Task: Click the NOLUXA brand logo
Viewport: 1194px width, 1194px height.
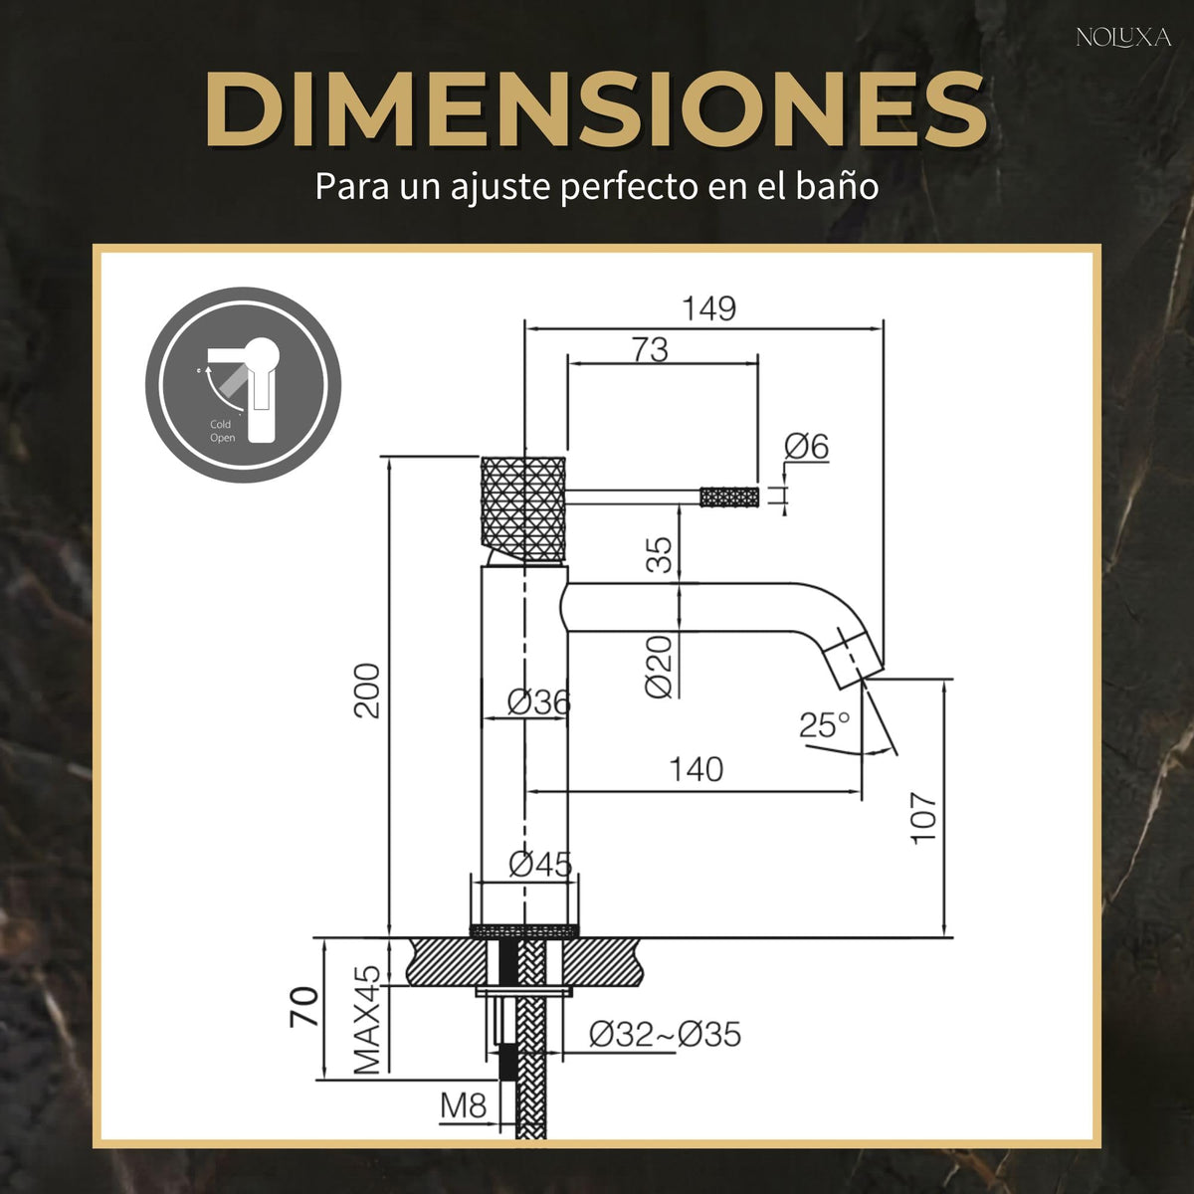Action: click(1123, 38)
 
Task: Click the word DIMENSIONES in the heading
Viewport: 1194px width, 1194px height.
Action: click(596, 109)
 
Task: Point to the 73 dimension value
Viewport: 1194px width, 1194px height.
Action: click(650, 349)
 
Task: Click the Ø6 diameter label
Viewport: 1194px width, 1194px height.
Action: click(806, 446)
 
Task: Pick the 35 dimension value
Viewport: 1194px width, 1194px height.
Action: click(659, 555)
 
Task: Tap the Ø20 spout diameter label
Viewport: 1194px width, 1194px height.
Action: click(658, 667)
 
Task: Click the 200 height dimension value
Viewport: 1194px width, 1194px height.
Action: click(367, 691)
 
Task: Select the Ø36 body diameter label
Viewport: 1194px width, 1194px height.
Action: click(538, 702)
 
